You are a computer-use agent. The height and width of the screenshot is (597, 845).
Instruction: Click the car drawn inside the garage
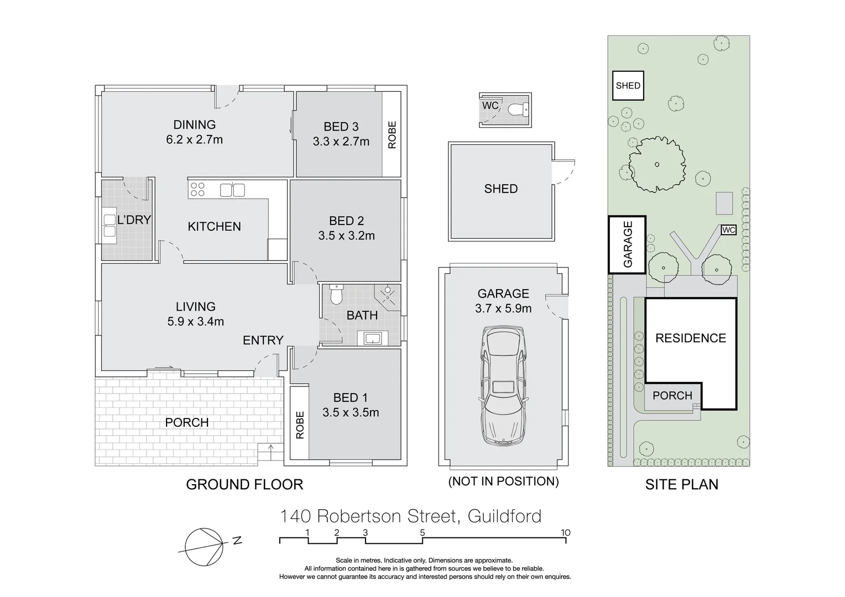(x=503, y=386)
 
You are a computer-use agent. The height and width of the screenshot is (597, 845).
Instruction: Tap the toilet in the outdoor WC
(x=518, y=109)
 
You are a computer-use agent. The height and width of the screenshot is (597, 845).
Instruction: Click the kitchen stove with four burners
(x=197, y=190)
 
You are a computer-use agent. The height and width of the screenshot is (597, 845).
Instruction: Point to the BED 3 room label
(x=341, y=127)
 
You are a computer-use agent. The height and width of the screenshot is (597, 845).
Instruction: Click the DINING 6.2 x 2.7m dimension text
(x=194, y=140)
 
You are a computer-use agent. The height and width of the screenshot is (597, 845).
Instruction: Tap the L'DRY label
(x=134, y=220)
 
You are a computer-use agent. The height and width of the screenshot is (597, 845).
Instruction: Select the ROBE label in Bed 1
(x=300, y=425)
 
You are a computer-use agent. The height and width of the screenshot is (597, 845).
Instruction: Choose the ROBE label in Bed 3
(x=392, y=134)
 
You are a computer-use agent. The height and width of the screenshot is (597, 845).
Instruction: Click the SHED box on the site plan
(x=628, y=86)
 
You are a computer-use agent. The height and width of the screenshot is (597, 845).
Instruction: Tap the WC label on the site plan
(x=728, y=230)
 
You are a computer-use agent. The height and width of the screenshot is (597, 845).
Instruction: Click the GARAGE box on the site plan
(x=628, y=244)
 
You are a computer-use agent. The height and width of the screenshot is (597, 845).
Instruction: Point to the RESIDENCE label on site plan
(x=690, y=338)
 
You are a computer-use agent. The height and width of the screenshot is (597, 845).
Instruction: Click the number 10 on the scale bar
(x=565, y=533)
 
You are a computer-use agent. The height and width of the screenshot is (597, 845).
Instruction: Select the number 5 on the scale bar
(x=422, y=533)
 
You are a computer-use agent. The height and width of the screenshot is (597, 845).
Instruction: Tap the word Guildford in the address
(x=504, y=516)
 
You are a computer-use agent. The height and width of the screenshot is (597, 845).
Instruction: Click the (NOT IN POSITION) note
(x=503, y=481)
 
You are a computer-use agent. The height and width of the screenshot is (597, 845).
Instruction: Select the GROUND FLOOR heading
(x=244, y=485)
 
